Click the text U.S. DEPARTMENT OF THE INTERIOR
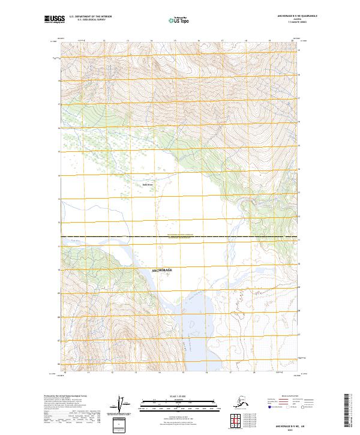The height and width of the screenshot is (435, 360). (x=91, y=17)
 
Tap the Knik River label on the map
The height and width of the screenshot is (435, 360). (x=148, y=185)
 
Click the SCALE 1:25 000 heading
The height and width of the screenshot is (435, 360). (x=178, y=397)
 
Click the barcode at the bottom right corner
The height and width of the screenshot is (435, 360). (x=349, y=412)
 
